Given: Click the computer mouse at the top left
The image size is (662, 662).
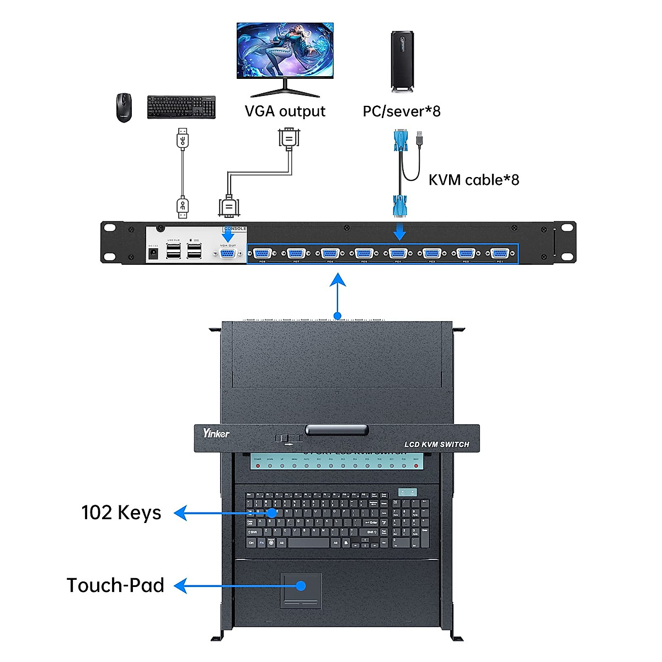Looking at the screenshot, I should [x=124, y=107].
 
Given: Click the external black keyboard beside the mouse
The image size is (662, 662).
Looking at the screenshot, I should [x=181, y=107].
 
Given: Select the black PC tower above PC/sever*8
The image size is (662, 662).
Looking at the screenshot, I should [x=402, y=61].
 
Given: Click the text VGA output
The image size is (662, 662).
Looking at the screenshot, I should [x=285, y=111].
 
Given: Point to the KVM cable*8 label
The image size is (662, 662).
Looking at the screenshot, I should [x=474, y=180].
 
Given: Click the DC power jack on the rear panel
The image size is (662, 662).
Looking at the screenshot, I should [x=153, y=253].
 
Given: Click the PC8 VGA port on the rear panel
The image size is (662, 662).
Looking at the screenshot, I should [x=262, y=253].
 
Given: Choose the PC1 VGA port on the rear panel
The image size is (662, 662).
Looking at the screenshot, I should [x=500, y=253].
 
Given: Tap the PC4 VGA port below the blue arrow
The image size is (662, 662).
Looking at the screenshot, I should [x=398, y=253].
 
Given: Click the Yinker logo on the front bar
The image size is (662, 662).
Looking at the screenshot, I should [x=216, y=433].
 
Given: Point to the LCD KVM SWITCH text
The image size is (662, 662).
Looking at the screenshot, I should [x=437, y=444].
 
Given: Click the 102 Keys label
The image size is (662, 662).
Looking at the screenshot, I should [x=121, y=512].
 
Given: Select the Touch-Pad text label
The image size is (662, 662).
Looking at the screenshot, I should [x=115, y=585].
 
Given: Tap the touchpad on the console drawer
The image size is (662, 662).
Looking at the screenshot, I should [x=301, y=589].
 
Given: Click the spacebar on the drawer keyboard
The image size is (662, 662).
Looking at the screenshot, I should [x=309, y=543].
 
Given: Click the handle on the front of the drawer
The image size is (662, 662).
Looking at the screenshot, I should [x=337, y=430].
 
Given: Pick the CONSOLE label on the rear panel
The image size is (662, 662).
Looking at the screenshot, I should [x=235, y=228].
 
